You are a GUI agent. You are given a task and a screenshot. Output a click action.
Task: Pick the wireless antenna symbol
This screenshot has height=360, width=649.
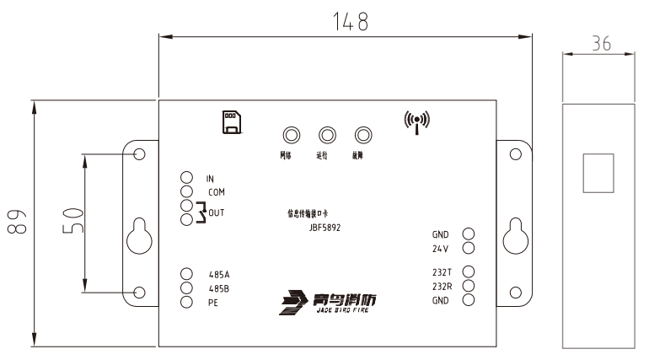click(x=416, y=122)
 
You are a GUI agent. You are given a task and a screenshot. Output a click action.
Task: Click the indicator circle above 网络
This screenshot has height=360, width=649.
click(x=292, y=135)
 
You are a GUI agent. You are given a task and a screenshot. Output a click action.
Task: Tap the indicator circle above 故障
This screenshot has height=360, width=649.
click(x=363, y=135)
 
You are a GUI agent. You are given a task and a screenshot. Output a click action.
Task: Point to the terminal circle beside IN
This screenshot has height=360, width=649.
click(x=187, y=179)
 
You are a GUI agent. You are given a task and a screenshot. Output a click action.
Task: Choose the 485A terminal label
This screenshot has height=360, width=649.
click(x=218, y=274)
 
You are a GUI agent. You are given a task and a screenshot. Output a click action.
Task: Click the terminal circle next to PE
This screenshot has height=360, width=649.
click(x=187, y=303)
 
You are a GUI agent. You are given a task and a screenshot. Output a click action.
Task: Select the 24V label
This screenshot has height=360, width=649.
click(x=442, y=249)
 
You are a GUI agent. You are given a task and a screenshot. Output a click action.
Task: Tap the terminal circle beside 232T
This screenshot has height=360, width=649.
click(x=469, y=271)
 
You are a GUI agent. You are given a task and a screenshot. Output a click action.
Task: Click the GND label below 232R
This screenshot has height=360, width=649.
click(x=442, y=300)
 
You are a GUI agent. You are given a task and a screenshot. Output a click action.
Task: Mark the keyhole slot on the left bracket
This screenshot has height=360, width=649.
click(x=139, y=239)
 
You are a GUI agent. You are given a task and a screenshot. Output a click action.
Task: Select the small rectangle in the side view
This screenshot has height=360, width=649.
click(x=599, y=173)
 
